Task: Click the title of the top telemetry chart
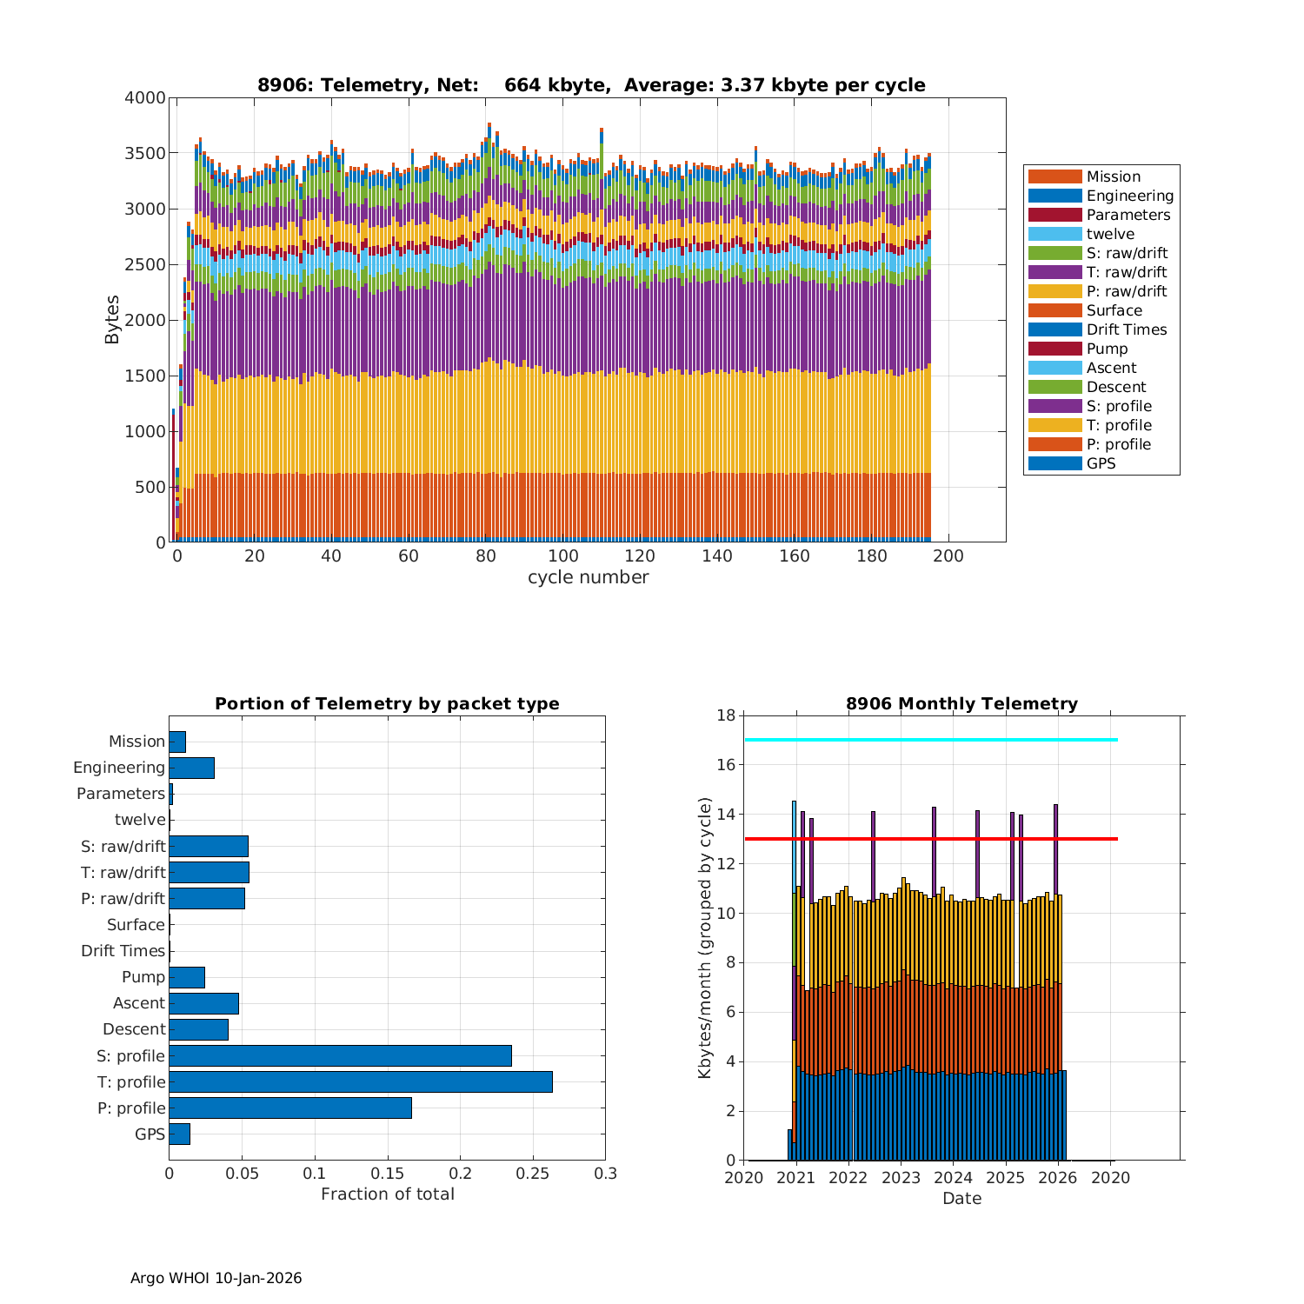(x=591, y=85)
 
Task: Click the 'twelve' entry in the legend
(x=1109, y=234)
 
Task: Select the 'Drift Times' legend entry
(x=1126, y=329)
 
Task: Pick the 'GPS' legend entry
(x=1101, y=463)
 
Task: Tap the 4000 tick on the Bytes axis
(x=144, y=98)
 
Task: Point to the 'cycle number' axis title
(x=588, y=577)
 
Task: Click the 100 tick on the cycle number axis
(x=562, y=556)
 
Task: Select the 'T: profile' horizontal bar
(x=361, y=1081)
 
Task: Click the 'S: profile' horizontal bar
(x=340, y=1055)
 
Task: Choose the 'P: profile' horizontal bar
(x=290, y=1108)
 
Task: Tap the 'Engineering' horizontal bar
(x=191, y=768)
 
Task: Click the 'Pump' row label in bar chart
(x=143, y=977)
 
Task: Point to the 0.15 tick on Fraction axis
(x=315, y=1174)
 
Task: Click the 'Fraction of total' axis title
(x=387, y=1194)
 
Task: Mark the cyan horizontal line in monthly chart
(x=930, y=740)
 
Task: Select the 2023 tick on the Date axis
(x=901, y=1178)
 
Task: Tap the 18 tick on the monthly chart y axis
(x=726, y=715)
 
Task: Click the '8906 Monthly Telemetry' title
(x=961, y=704)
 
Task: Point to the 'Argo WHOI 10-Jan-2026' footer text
(x=216, y=1278)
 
